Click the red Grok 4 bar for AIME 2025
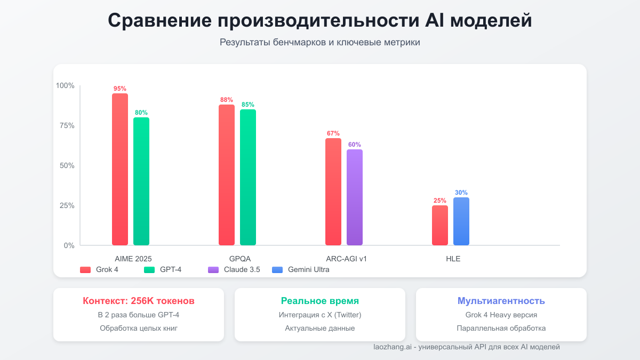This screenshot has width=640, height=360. click(x=120, y=170)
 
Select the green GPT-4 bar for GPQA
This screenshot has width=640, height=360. click(x=248, y=178)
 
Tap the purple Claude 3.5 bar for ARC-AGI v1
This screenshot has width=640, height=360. click(x=355, y=197)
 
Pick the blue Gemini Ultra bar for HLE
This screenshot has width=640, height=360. click(x=461, y=221)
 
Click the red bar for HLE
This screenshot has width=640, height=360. click(x=440, y=225)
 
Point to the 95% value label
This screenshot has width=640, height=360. click(x=120, y=89)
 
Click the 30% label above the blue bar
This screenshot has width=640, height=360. click(x=461, y=193)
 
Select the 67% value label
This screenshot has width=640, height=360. click(x=333, y=133)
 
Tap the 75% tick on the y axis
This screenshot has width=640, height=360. click(x=66, y=125)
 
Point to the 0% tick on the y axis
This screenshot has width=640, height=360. click(x=69, y=245)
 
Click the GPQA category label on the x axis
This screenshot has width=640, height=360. click(x=240, y=259)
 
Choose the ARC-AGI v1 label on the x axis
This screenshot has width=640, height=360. click(x=347, y=259)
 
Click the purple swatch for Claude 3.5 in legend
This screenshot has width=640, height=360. click(x=213, y=270)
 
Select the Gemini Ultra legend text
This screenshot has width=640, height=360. click(x=308, y=270)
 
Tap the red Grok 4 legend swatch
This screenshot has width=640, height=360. click(x=85, y=270)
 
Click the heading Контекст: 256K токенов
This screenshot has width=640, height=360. click(x=139, y=301)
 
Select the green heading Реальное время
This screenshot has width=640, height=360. click(x=320, y=301)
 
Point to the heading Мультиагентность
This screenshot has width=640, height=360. click(x=501, y=301)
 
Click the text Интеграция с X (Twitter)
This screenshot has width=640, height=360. click(x=320, y=315)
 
